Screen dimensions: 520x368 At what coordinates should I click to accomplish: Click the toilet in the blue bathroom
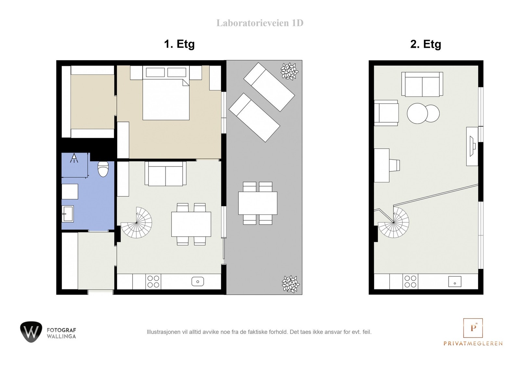pyautogui.click(x=103, y=169)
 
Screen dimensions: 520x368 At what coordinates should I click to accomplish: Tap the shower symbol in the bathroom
pyautogui.click(x=74, y=158)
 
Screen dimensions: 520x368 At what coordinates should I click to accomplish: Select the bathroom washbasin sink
pyautogui.click(x=68, y=214)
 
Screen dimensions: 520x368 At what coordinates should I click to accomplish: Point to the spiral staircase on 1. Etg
pyautogui.click(x=136, y=222)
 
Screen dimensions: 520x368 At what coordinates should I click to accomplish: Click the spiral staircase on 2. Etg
pyautogui.click(x=394, y=222)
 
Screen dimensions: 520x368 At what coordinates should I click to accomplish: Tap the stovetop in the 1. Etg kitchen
pyautogui.click(x=153, y=282)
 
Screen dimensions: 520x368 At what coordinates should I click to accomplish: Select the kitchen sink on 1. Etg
pyautogui.click(x=198, y=282)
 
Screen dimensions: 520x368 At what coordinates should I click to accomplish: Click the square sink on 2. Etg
pyautogui.click(x=455, y=282)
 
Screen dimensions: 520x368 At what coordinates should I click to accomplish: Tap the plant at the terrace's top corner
pyautogui.click(x=289, y=71)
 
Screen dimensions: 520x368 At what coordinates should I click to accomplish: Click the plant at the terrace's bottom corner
pyautogui.click(x=291, y=284)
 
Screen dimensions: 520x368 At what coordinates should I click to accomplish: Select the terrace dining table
pyautogui.click(x=258, y=203)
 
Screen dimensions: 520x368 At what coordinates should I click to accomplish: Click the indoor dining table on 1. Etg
pyautogui.click(x=191, y=224)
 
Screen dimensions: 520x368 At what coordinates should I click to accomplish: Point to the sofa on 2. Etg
pyautogui.click(x=422, y=84)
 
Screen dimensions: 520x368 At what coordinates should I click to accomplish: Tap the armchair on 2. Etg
pyautogui.click(x=386, y=113)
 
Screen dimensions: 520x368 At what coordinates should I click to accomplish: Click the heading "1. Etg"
pyautogui.click(x=179, y=44)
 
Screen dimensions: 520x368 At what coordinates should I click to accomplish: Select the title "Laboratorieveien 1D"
pyautogui.click(x=260, y=23)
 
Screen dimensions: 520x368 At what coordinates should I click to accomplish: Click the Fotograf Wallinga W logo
pyautogui.click(x=31, y=332)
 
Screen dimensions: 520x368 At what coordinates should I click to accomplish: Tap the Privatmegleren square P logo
pyautogui.click(x=473, y=328)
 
